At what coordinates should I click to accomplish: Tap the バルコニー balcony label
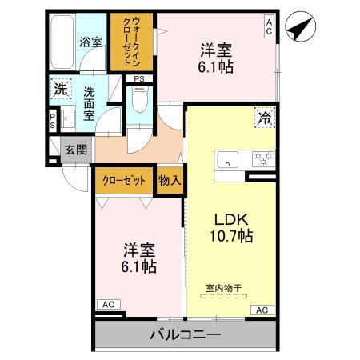[x=184, y=334]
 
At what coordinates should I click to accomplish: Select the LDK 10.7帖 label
[x=232, y=227]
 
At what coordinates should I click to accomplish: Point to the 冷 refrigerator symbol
[x=263, y=118]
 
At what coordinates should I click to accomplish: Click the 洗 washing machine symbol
[x=60, y=90]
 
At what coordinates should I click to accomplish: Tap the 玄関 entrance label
[x=76, y=149]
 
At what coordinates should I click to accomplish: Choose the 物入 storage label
[x=170, y=181]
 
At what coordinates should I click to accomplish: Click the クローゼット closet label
[x=123, y=181]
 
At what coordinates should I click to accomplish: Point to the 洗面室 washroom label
[x=90, y=103]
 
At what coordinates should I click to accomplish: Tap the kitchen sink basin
[x=227, y=158]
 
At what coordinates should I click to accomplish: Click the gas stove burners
[x=262, y=158]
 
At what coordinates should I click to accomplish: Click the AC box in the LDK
[x=261, y=309]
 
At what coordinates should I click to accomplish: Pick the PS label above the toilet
[x=139, y=78]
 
